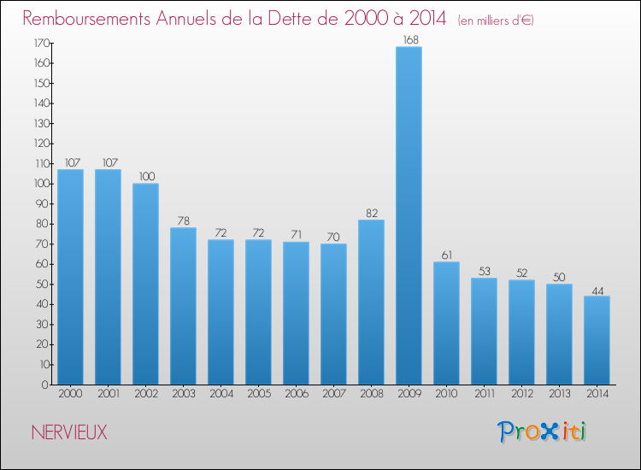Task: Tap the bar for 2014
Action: coord(597,340)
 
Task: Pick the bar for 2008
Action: coord(371,302)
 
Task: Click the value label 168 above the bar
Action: coord(409,39)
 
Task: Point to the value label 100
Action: coord(145,177)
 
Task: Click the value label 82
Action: coord(371,213)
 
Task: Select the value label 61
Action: coord(446,255)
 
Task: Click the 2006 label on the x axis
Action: coord(296,393)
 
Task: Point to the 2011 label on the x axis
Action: coord(484,393)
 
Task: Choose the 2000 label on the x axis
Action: coord(70,393)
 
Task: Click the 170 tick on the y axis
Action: coord(40,43)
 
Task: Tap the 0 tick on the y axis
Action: coord(45,385)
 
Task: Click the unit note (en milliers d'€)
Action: coord(496,20)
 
